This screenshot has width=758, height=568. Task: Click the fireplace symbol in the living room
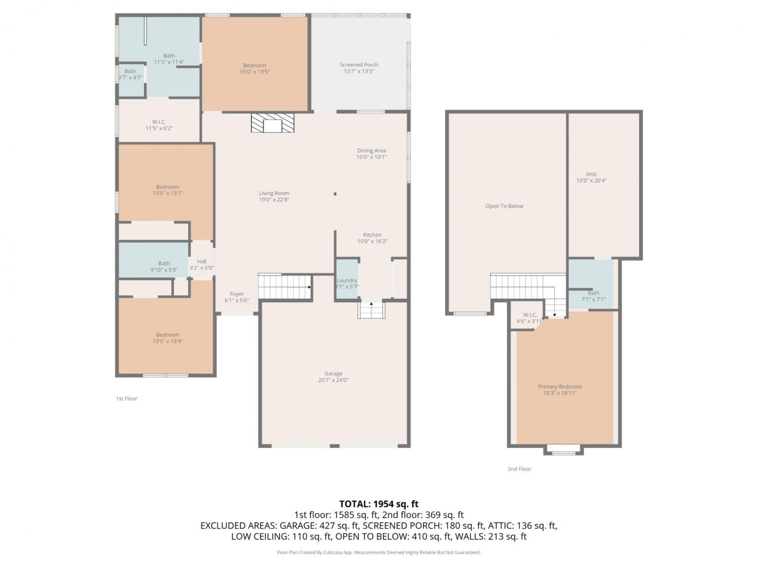click(x=272, y=123)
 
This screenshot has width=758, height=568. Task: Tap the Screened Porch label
click(x=359, y=65)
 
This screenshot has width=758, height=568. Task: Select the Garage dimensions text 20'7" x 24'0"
click(x=333, y=380)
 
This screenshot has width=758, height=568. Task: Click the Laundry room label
click(x=347, y=280)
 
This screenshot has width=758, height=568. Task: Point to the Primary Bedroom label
click(x=560, y=387)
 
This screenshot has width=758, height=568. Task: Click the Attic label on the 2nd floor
click(x=591, y=174)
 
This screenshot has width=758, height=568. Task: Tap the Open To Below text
click(x=504, y=206)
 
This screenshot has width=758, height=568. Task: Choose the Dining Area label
click(x=371, y=150)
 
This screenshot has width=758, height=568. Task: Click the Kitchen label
click(x=372, y=234)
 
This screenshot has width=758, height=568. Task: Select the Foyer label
click(x=236, y=294)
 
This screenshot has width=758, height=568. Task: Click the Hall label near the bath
click(x=202, y=262)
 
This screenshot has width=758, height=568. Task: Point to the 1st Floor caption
click(x=127, y=398)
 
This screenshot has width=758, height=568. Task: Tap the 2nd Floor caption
click(x=519, y=469)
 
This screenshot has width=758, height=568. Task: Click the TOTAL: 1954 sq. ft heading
click(x=379, y=504)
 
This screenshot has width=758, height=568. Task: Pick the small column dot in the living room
click(x=335, y=194)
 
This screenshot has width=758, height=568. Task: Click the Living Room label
click(x=274, y=193)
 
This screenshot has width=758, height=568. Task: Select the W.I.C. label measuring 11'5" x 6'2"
click(x=159, y=122)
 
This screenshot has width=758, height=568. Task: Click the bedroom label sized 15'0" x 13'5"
click(x=255, y=65)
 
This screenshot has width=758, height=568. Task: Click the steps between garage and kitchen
click(x=371, y=309)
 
